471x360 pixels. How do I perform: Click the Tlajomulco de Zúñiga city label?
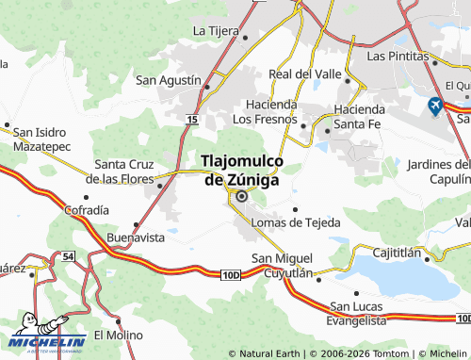point(240,171)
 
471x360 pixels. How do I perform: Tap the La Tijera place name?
point(216,30)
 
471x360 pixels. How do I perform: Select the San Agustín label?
point(169,80)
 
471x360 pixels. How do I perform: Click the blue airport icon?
point(435,106)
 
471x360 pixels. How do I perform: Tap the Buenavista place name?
point(136,237)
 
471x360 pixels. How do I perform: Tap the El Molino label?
point(117,335)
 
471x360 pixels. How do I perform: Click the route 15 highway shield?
point(191,121)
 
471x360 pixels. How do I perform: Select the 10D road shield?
point(233,274)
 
